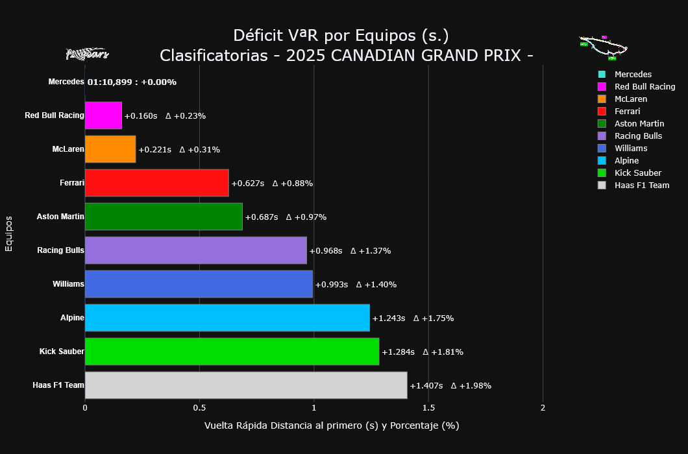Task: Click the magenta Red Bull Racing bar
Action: click(103, 115)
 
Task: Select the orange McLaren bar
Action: click(110, 149)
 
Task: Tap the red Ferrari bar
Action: click(156, 183)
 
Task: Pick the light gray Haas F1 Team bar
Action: click(245, 385)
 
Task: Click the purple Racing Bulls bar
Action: click(195, 250)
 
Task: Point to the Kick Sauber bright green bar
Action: click(232, 352)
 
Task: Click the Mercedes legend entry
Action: click(633, 75)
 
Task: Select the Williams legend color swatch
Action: click(602, 149)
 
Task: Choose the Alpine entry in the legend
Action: click(626, 161)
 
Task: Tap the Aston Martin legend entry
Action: click(639, 124)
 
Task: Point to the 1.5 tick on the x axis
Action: click(428, 408)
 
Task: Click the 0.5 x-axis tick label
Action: click(199, 408)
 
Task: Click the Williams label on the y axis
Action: click(68, 284)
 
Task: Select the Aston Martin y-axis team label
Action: click(60, 217)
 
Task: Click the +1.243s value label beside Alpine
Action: click(388, 318)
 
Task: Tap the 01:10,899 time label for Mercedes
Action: click(112, 82)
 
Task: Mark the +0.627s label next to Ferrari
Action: click(247, 184)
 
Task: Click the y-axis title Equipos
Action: click(9, 233)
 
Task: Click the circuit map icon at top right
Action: click(604, 47)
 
